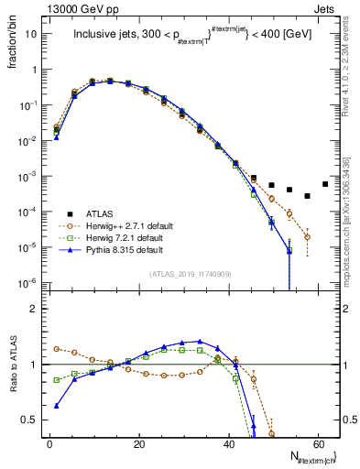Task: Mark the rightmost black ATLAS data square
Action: coord(325,183)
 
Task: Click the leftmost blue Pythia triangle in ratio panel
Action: coord(57,406)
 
